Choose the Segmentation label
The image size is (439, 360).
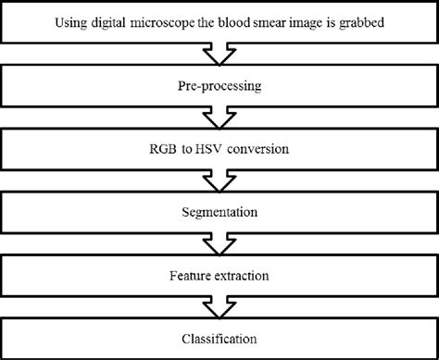click(x=219, y=212)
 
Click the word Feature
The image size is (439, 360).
click(x=190, y=276)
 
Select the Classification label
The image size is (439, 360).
click(x=219, y=340)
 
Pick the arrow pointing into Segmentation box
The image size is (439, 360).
click(x=219, y=180)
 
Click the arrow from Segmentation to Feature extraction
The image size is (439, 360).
click(x=219, y=244)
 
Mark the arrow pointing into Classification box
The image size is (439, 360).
click(x=219, y=308)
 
